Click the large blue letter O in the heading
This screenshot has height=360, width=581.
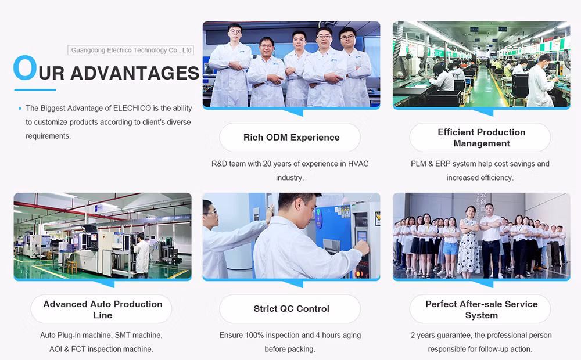25,67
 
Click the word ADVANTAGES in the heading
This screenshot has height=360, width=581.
135,73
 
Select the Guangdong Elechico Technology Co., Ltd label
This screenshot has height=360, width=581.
131,50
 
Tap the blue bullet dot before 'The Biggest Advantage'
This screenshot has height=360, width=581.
20,109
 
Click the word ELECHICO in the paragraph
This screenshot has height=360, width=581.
132,108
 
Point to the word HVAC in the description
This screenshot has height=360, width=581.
358,164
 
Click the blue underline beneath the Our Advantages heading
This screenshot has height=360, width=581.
35,89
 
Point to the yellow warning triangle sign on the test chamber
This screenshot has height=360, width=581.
378,219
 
